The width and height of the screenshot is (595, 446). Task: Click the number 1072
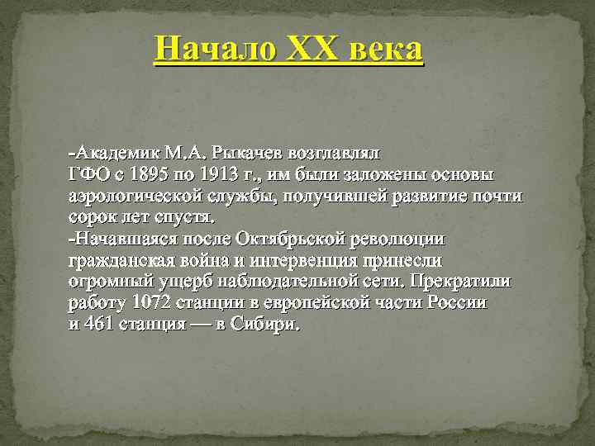click(x=149, y=303)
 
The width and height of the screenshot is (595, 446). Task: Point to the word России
click(x=457, y=303)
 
